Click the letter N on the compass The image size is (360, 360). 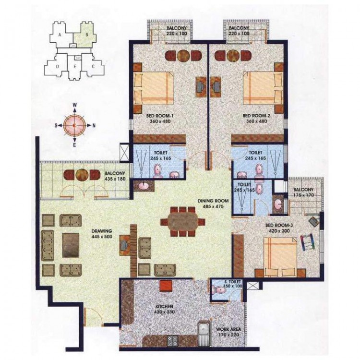(94, 126)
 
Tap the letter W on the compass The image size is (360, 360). (74, 105)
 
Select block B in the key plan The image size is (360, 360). (86, 35)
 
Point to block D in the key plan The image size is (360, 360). (58, 67)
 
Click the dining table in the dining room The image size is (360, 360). (183, 222)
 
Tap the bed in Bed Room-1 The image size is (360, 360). (154, 88)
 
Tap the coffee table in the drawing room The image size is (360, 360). (71, 245)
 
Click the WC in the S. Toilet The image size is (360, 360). (219, 290)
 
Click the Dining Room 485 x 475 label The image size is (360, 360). (213, 204)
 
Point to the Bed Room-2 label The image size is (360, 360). (256, 116)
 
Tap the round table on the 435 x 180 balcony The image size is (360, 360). (82, 175)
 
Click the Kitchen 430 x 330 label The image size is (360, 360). (164, 309)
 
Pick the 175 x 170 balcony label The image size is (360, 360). (303, 192)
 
